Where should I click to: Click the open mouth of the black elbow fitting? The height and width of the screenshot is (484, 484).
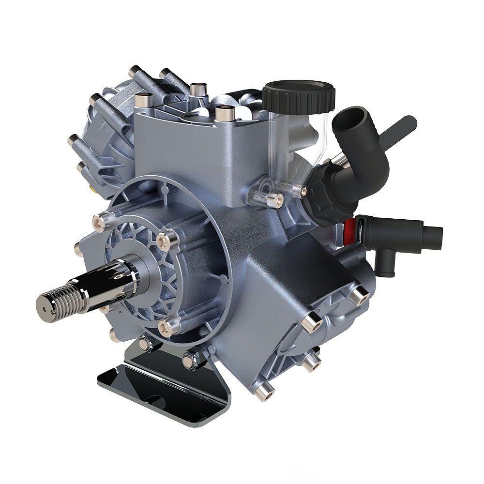click(356, 116)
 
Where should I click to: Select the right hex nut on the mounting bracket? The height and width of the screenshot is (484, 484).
click(189, 361)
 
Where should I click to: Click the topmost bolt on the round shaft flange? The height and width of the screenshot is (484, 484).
click(100, 221)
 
